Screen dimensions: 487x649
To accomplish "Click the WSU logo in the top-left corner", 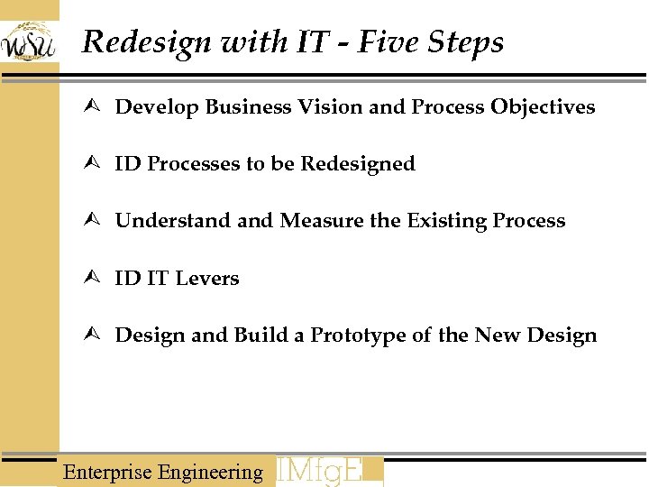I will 29,41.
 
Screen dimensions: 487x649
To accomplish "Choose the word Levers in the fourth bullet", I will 207,278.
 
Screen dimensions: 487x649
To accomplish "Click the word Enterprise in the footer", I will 107,472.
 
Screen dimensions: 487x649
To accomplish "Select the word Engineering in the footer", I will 210,473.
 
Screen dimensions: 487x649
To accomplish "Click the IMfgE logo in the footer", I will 328,472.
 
